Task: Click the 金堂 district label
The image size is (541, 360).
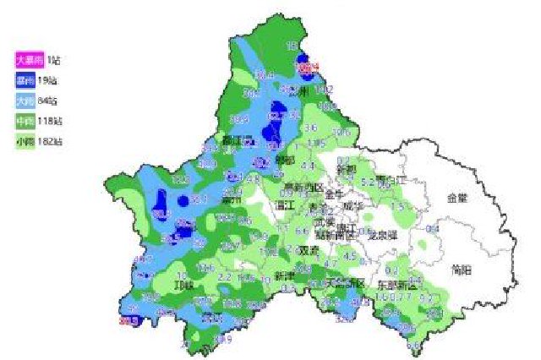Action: tap(457, 197)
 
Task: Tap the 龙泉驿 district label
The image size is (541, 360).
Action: tap(383, 236)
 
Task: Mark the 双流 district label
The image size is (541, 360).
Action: tap(309, 250)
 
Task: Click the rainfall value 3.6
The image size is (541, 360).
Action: tap(310, 128)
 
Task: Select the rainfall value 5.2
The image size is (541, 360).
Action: tap(367, 181)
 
